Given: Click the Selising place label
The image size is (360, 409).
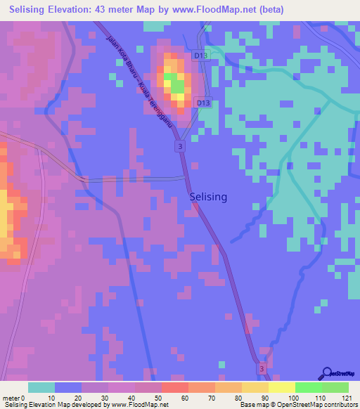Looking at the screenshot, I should pos(208,197).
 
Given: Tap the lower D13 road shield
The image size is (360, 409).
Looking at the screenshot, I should pos(203,103).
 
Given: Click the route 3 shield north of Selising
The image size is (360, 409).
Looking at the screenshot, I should pos(181,145).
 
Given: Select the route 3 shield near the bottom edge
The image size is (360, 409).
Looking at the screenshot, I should pos(261,368).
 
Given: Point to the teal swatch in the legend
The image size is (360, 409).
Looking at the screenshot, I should pos(41,387).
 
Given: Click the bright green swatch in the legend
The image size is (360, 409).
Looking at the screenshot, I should pos(308,387).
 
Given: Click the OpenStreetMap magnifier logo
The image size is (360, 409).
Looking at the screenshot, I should pos(326,375).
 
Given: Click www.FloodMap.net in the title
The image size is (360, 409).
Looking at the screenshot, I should pos(238,10).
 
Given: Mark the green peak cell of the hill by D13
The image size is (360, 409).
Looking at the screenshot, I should pos(178,86).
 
